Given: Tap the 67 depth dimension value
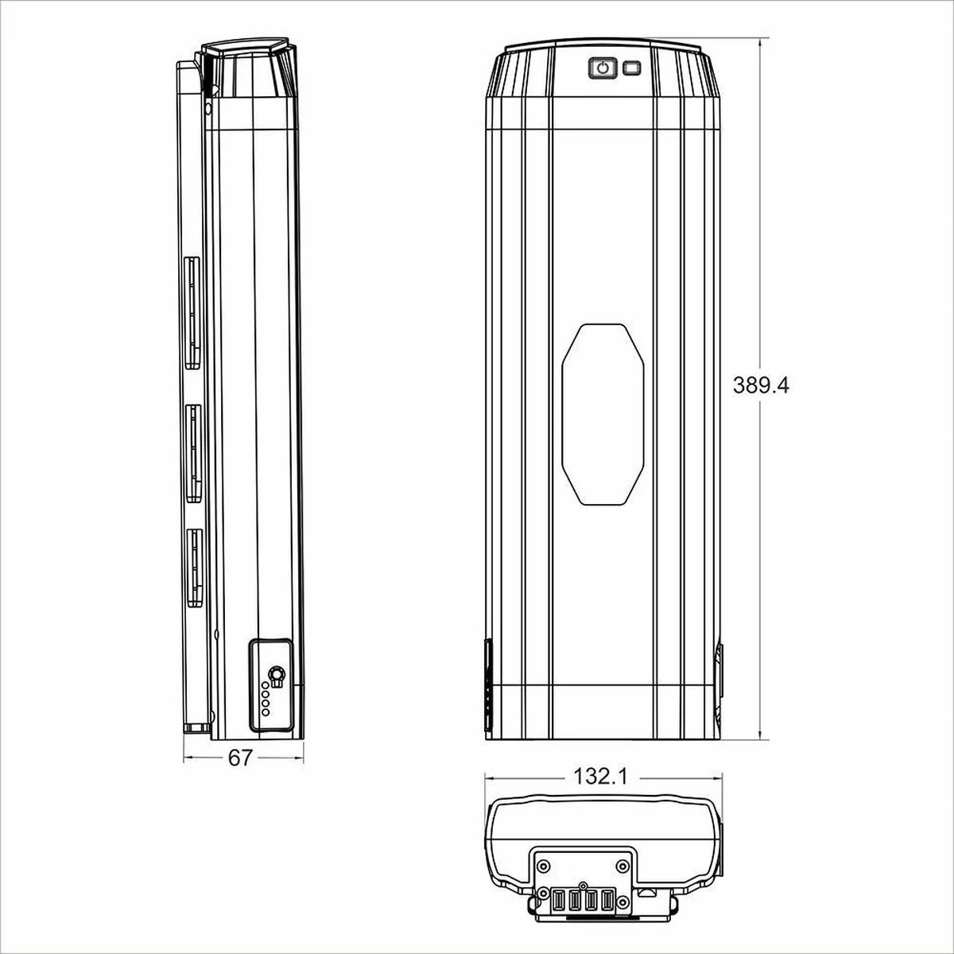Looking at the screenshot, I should click(x=240, y=758).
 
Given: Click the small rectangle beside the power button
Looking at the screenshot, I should click(x=633, y=68).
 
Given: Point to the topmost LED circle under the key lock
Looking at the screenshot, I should click(x=266, y=684).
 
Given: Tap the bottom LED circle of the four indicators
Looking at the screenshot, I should click(x=266, y=713).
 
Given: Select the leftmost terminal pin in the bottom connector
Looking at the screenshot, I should click(x=558, y=902).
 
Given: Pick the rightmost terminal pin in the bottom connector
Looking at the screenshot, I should click(x=608, y=902).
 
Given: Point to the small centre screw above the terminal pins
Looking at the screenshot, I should click(x=583, y=885).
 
